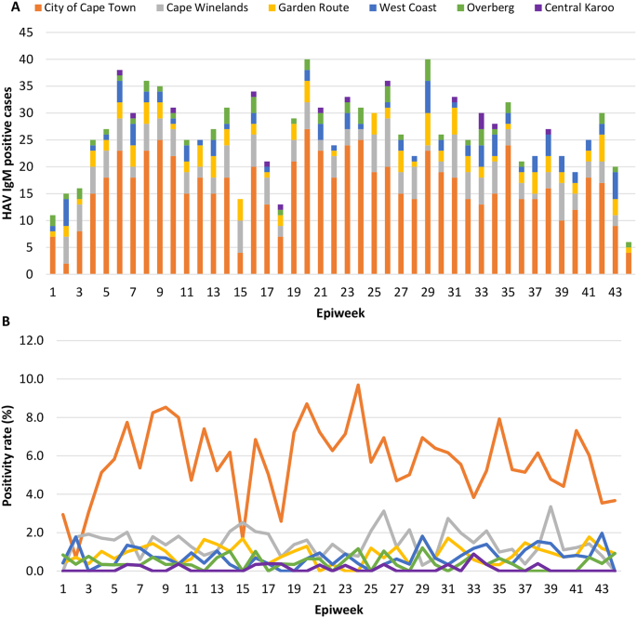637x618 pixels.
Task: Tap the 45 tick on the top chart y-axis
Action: (29, 32)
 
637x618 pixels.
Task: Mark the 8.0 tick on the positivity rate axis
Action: (28, 417)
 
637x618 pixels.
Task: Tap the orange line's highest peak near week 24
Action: (357, 385)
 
